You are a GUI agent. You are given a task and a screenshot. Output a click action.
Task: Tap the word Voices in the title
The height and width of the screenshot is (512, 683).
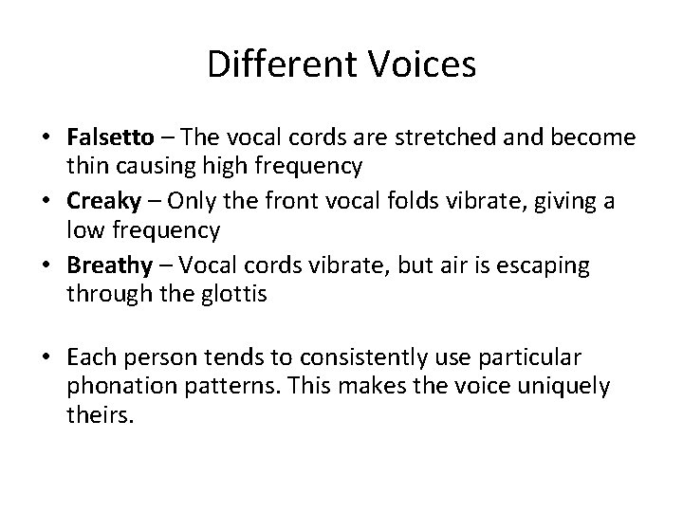422,66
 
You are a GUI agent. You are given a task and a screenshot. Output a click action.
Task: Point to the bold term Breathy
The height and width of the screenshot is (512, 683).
104,267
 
